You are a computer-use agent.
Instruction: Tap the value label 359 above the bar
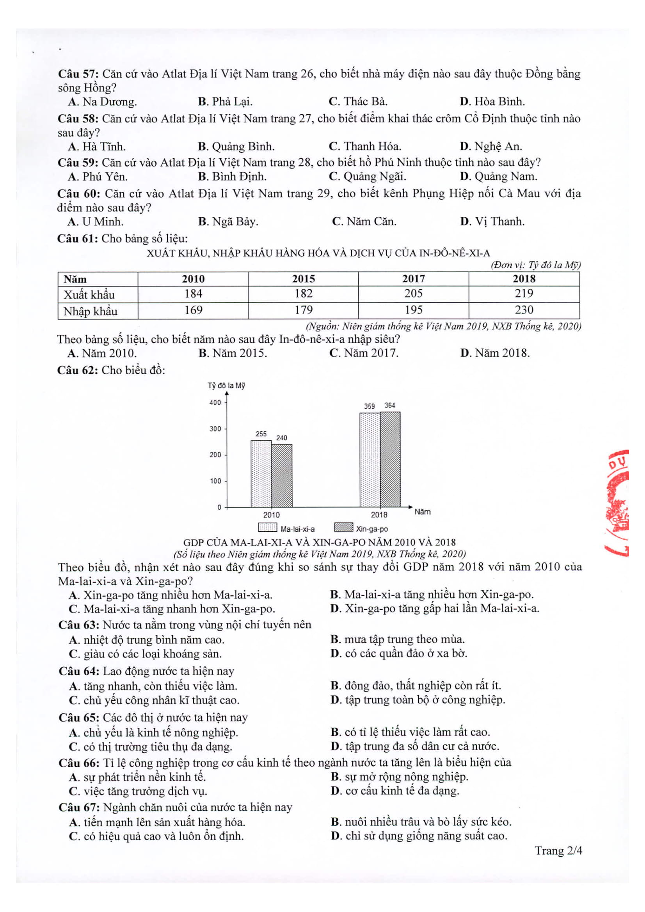point(369,406)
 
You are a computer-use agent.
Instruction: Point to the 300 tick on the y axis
point(215,429)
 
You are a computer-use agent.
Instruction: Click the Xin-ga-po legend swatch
point(343,527)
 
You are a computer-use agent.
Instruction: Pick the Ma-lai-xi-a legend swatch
point(267,528)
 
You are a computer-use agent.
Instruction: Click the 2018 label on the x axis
point(379,515)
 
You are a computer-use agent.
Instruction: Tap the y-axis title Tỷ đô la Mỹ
point(226,386)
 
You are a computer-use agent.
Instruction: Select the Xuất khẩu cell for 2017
point(413,294)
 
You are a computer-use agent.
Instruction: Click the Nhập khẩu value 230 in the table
point(524,310)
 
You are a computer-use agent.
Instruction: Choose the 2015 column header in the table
point(303,279)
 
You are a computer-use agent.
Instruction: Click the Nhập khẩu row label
point(90,311)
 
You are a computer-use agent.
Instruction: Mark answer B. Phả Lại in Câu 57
point(225,102)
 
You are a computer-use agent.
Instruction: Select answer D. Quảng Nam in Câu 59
point(498,176)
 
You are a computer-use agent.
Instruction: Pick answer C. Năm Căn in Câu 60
point(364,221)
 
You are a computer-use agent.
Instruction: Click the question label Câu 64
point(79,671)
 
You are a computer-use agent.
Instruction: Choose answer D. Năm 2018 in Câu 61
point(495,353)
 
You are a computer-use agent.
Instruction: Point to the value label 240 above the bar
point(281,438)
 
